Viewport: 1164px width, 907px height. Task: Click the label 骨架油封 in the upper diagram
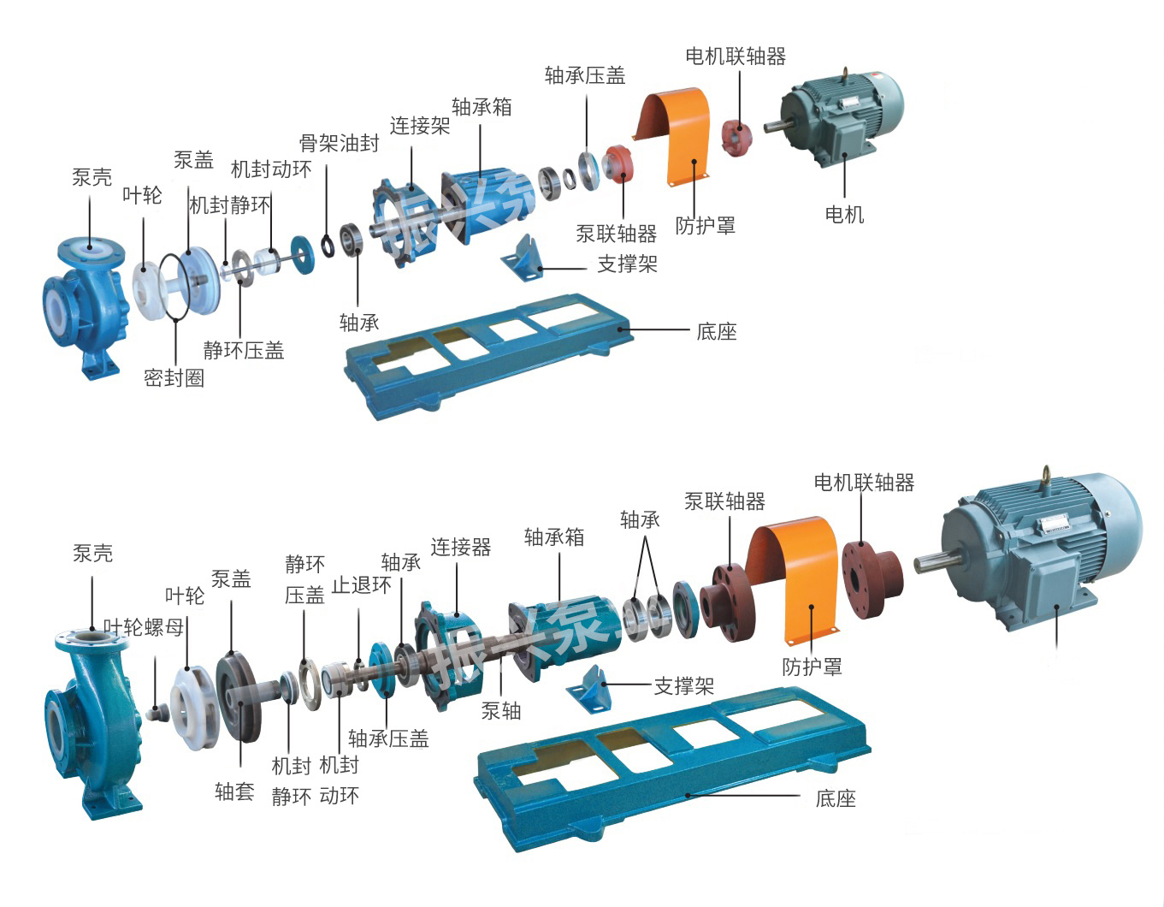339,143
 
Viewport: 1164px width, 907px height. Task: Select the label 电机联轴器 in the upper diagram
735,56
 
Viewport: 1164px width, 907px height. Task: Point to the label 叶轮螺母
144,627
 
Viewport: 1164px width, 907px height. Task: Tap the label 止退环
361,585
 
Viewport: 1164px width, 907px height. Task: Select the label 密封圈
174,377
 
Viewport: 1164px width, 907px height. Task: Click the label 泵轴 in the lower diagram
500,710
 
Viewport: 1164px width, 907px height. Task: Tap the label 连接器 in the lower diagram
460,548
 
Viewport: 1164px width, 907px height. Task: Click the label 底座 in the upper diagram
716,331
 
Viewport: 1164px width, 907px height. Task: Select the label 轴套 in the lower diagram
234,791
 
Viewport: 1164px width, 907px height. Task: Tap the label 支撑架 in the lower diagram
683,685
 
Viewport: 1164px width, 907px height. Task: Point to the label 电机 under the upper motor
843,214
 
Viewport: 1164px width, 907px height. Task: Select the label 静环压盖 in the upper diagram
243,350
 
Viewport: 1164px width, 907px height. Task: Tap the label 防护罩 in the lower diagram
811,666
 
